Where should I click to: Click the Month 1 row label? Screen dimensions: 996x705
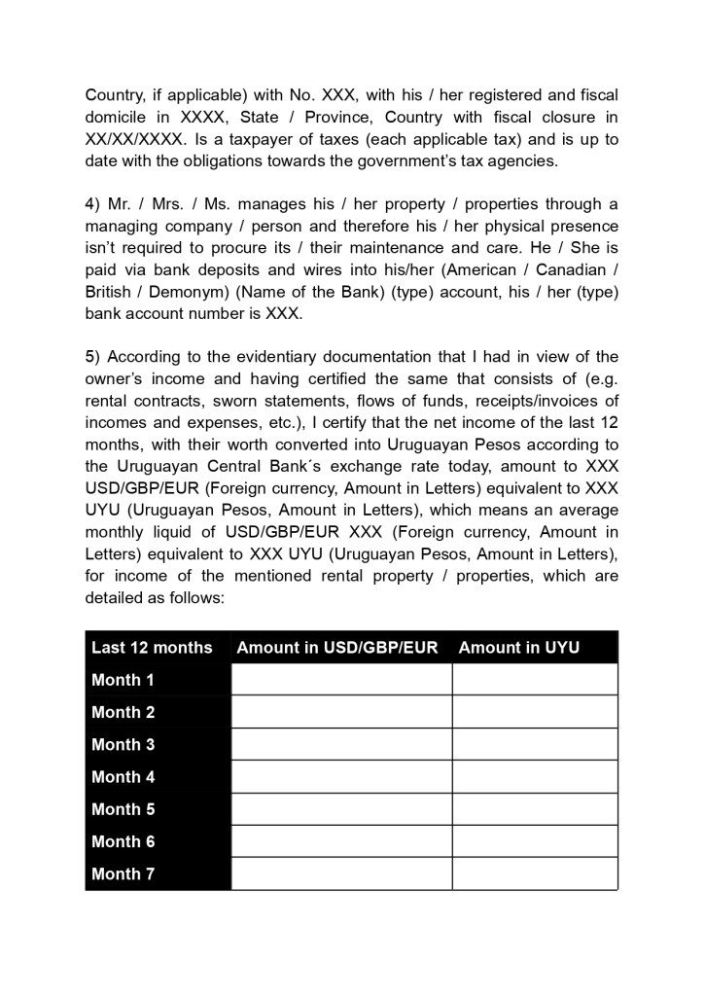[123, 680]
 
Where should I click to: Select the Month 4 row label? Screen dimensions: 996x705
[123, 777]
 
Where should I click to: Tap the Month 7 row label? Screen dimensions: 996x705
[123, 873]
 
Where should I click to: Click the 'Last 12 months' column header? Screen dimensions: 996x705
[152, 648]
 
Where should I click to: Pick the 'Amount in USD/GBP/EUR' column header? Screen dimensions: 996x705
[337, 648]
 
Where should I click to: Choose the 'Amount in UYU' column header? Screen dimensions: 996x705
[518, 648]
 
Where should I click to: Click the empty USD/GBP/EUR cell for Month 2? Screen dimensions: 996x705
[341, 712]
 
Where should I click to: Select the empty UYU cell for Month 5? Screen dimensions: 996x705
[535, 809]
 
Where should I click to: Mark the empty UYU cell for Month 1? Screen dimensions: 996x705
[535, 680]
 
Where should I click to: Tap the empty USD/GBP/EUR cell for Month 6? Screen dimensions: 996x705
[341, 841]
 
